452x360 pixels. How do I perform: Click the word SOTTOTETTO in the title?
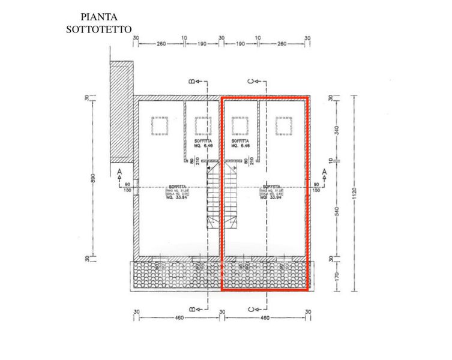coord(99,28)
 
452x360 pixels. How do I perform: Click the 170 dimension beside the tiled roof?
coord(336,277)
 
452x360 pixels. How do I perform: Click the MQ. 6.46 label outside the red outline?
coord(203,145)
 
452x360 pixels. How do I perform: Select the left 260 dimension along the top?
coord(160,43)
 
